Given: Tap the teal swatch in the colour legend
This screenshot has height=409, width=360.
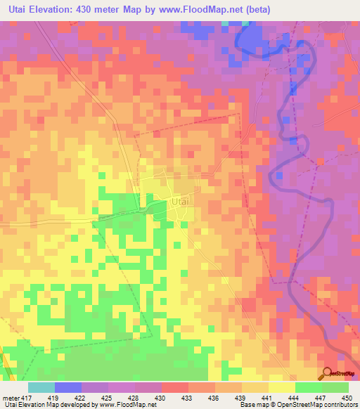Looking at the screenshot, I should pyautogui.click(x=41, y=387).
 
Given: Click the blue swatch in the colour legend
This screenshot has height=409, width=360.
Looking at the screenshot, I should pyautogui.click(x=68, y=387).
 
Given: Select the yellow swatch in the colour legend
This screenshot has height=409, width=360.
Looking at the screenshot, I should pyautogui.click(x=282, y=387).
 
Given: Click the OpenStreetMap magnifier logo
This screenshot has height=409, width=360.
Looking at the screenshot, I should pyautogui.click(x=327, y=373).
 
